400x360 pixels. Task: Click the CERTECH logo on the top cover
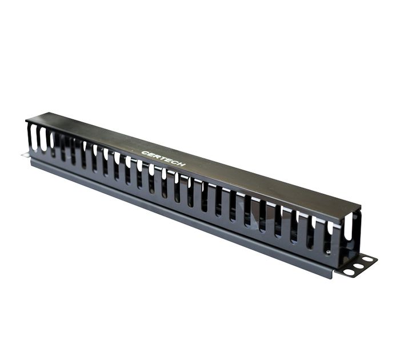[x=163, y=158]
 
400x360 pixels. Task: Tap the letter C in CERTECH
[x=145, y=153]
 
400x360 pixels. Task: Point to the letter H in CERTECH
[x=181, y=164]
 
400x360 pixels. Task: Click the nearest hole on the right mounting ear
[x=349, y=272]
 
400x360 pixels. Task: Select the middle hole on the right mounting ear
[x=358, y=266]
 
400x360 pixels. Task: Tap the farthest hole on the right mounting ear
[x=367, y=260]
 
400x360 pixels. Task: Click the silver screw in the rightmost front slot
[x=329, y=253]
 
